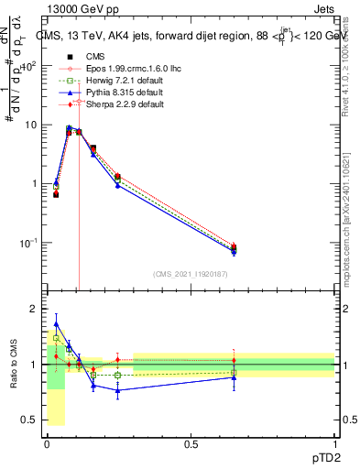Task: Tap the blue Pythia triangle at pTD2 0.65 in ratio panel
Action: pos(234,377)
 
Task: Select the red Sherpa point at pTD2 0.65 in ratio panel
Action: pos(234,360)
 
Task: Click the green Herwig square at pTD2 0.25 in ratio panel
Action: pos(117,375)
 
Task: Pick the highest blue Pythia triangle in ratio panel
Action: pos(56,324)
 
